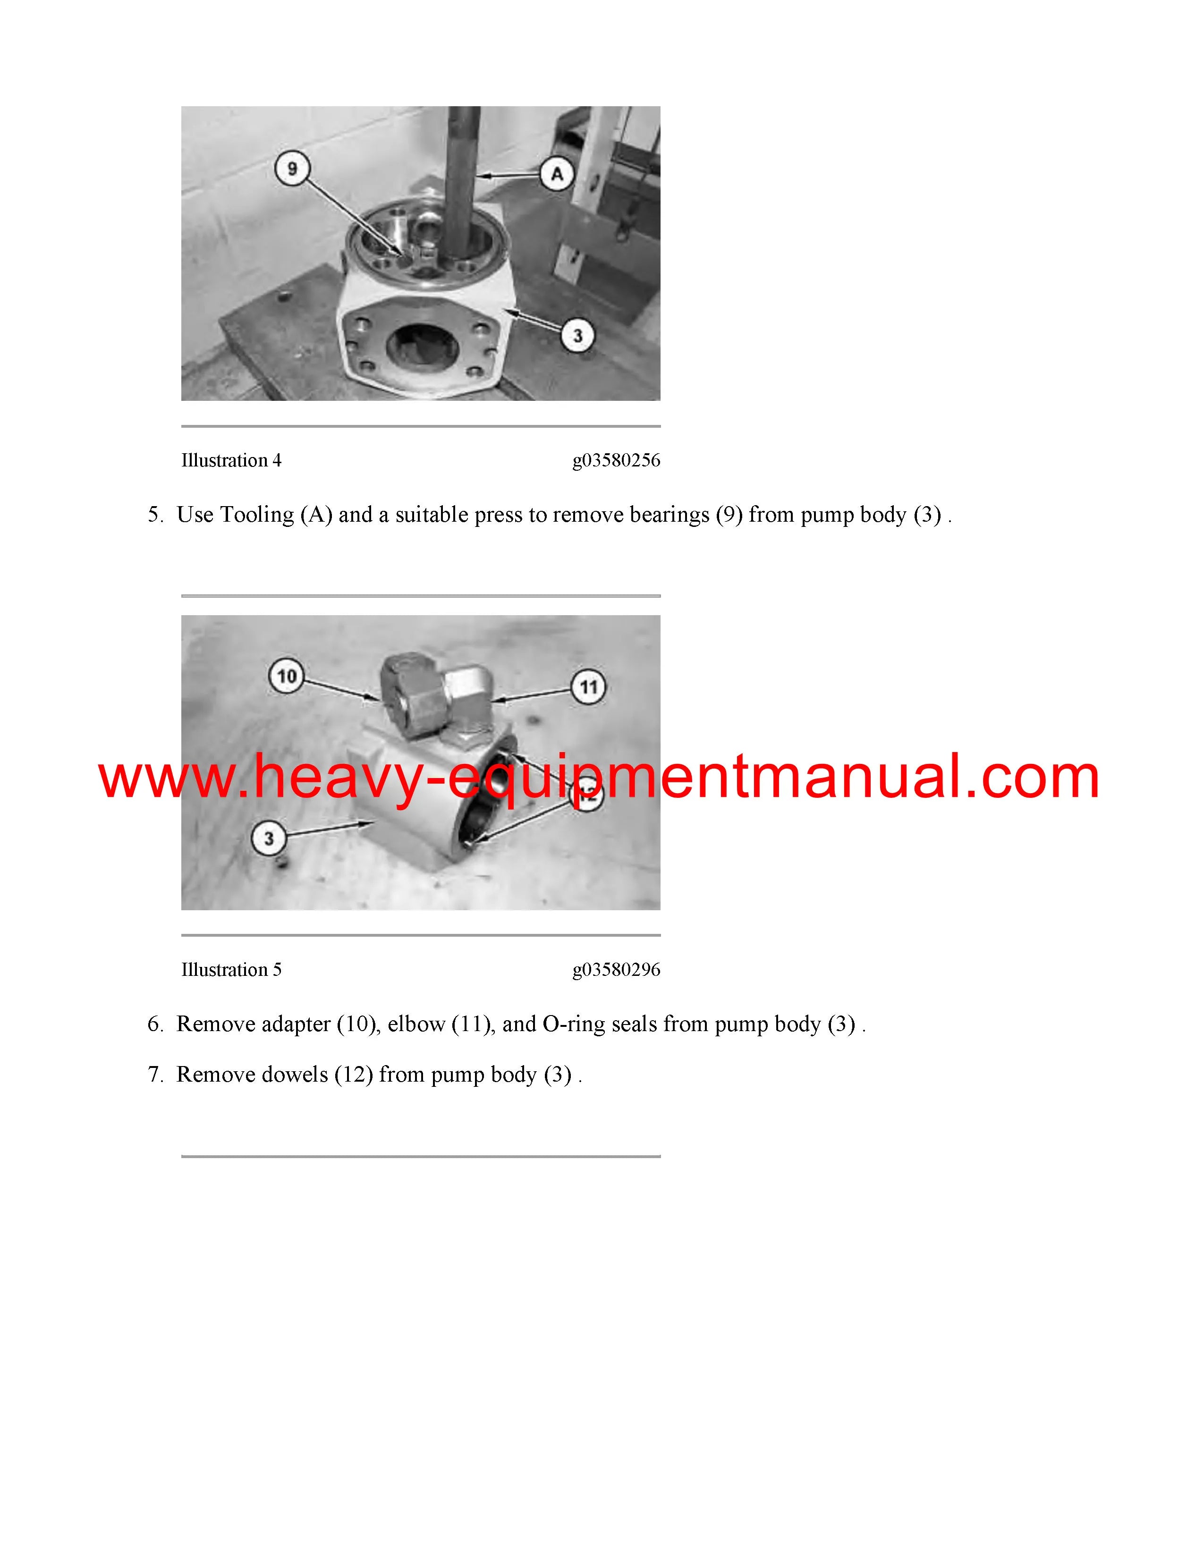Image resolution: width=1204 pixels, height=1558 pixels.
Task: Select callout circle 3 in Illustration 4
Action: (x=578, y=335)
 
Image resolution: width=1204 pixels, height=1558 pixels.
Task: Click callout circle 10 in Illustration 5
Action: (x=286, y=676)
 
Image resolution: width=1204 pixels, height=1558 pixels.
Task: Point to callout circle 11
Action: (x=588, y=687)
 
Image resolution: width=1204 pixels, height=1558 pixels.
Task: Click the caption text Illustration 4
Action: (x=231, y=461)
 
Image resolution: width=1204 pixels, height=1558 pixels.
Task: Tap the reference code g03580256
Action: (x=616, y=461)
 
